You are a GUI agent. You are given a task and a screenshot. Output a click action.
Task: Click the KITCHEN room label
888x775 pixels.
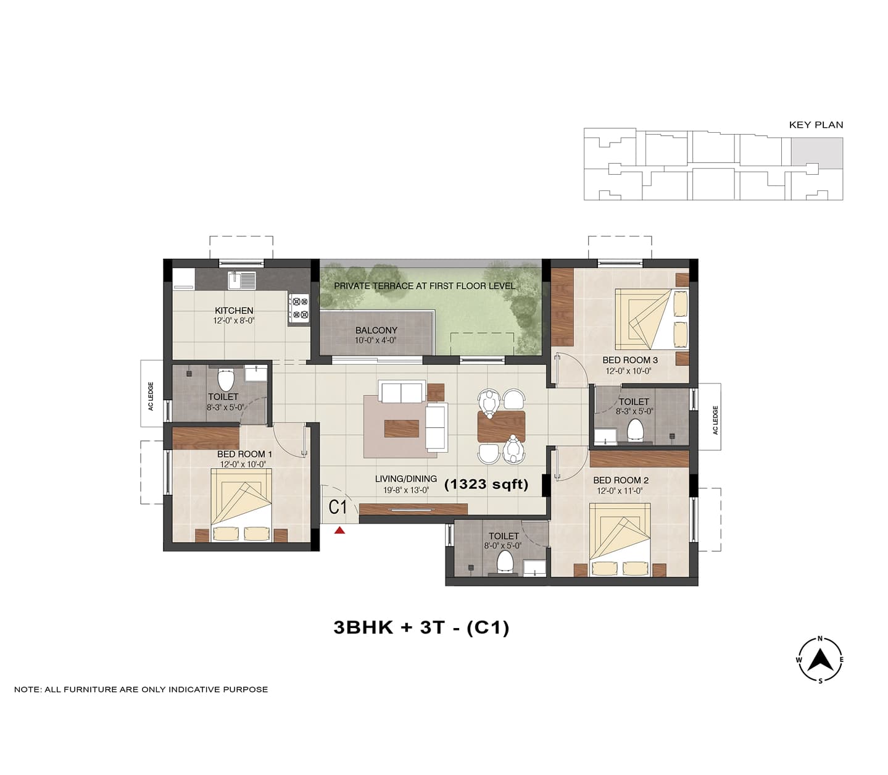234,311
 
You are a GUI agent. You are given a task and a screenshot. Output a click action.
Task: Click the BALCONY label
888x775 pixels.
376,330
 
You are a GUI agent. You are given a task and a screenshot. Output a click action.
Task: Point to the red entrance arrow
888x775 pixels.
339,530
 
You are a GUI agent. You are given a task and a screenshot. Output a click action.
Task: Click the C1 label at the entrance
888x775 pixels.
337,506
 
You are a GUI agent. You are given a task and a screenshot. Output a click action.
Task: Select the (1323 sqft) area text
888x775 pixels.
486,484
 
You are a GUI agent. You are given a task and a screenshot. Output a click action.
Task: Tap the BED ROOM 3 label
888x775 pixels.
630,360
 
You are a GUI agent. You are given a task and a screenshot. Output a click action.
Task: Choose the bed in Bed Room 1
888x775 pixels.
241,505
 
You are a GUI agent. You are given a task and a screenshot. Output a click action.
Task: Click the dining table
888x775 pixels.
501,426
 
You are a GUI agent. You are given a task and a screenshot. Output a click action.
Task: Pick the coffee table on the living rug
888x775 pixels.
402,428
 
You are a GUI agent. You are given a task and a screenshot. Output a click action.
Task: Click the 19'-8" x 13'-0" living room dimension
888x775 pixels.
406,490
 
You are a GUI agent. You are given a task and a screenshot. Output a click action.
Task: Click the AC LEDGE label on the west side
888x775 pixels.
151,396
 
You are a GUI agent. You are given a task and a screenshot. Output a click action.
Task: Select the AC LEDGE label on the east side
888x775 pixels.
715,420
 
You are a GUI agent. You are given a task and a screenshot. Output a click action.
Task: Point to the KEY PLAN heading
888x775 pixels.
816,125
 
